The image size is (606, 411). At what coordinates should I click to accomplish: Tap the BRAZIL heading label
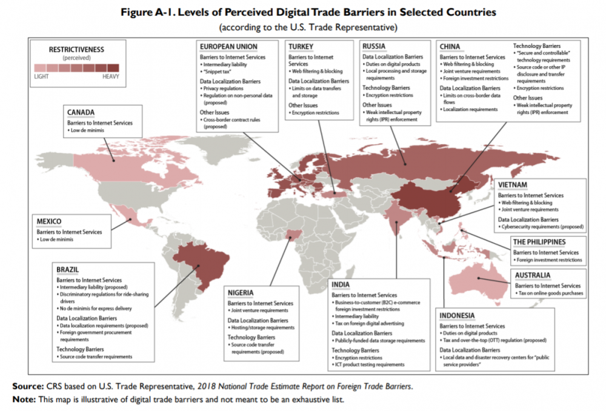click(68, 269)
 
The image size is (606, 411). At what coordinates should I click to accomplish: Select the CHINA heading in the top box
click(450, 47)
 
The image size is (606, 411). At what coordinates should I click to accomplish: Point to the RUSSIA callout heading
click(375, 46)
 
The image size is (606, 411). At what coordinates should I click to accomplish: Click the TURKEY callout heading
click(301, 46)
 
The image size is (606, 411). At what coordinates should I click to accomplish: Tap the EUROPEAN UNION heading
click(228, 46)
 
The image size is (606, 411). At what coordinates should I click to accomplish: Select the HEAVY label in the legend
click(110, 76)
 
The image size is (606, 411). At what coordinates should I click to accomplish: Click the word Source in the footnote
click(28, 386)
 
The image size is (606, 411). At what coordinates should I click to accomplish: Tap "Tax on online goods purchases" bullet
click(552, 293)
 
